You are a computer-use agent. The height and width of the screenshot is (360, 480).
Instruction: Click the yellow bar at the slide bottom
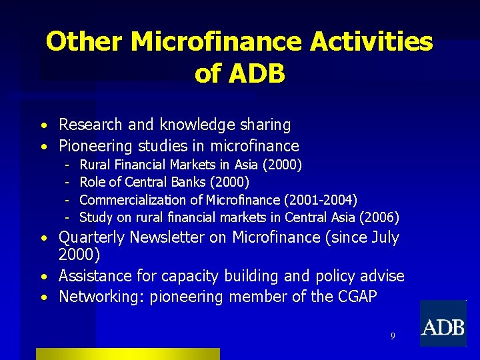coord(127,353)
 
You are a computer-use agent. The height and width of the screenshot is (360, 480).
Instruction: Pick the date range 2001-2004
coord(321,199)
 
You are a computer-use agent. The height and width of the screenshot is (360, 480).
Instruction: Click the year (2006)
coord(379,217)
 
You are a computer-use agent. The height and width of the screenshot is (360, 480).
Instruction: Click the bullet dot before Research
coord(42,126)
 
